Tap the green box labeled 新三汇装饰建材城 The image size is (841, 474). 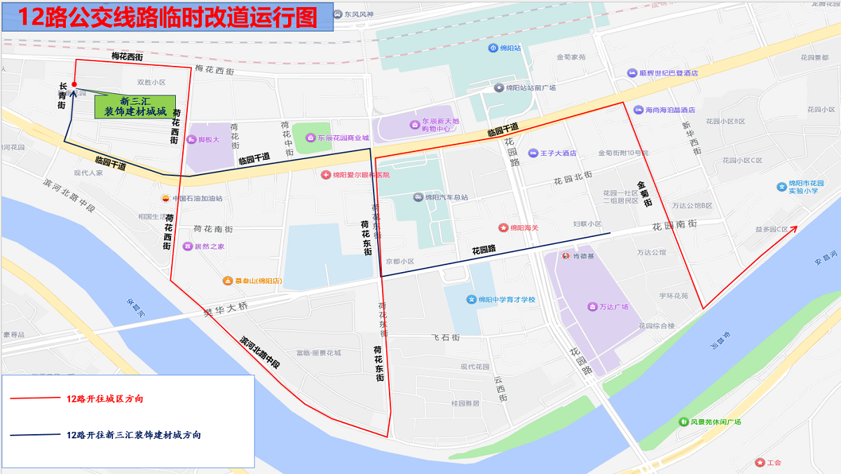click(135, 106)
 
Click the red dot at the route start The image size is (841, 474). click(74, 85)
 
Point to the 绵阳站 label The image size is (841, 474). click(510, 48)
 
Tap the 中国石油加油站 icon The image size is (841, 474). click(166, 198)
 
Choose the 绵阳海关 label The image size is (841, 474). click(524, 228)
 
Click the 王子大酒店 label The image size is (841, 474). click(558, 153)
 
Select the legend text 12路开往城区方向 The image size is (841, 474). click(105, 398)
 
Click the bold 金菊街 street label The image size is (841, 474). click(645, 194)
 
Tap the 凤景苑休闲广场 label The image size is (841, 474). click(715, 422)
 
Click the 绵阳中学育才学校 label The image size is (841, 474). click(506, 300)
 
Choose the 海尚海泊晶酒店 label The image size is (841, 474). click(669, 110)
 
